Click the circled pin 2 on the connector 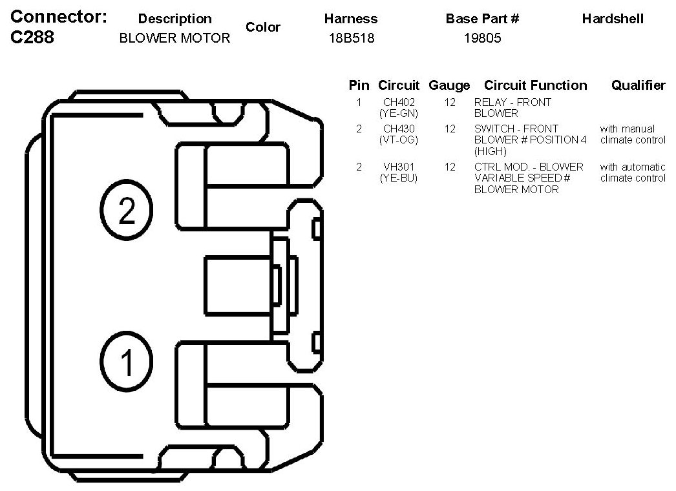127,210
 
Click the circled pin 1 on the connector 127,361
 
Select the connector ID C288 33,37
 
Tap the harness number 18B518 351,38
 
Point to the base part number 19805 482,38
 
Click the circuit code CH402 399,102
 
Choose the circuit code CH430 399,129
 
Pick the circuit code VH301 399,167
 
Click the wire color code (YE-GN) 399,113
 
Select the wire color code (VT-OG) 399,140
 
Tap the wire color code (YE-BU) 399,178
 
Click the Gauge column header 449,85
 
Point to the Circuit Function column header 536,85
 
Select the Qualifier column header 638,85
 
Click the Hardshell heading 613,19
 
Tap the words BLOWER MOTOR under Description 174,38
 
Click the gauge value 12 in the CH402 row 450,102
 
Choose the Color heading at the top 263,27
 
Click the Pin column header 359,85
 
